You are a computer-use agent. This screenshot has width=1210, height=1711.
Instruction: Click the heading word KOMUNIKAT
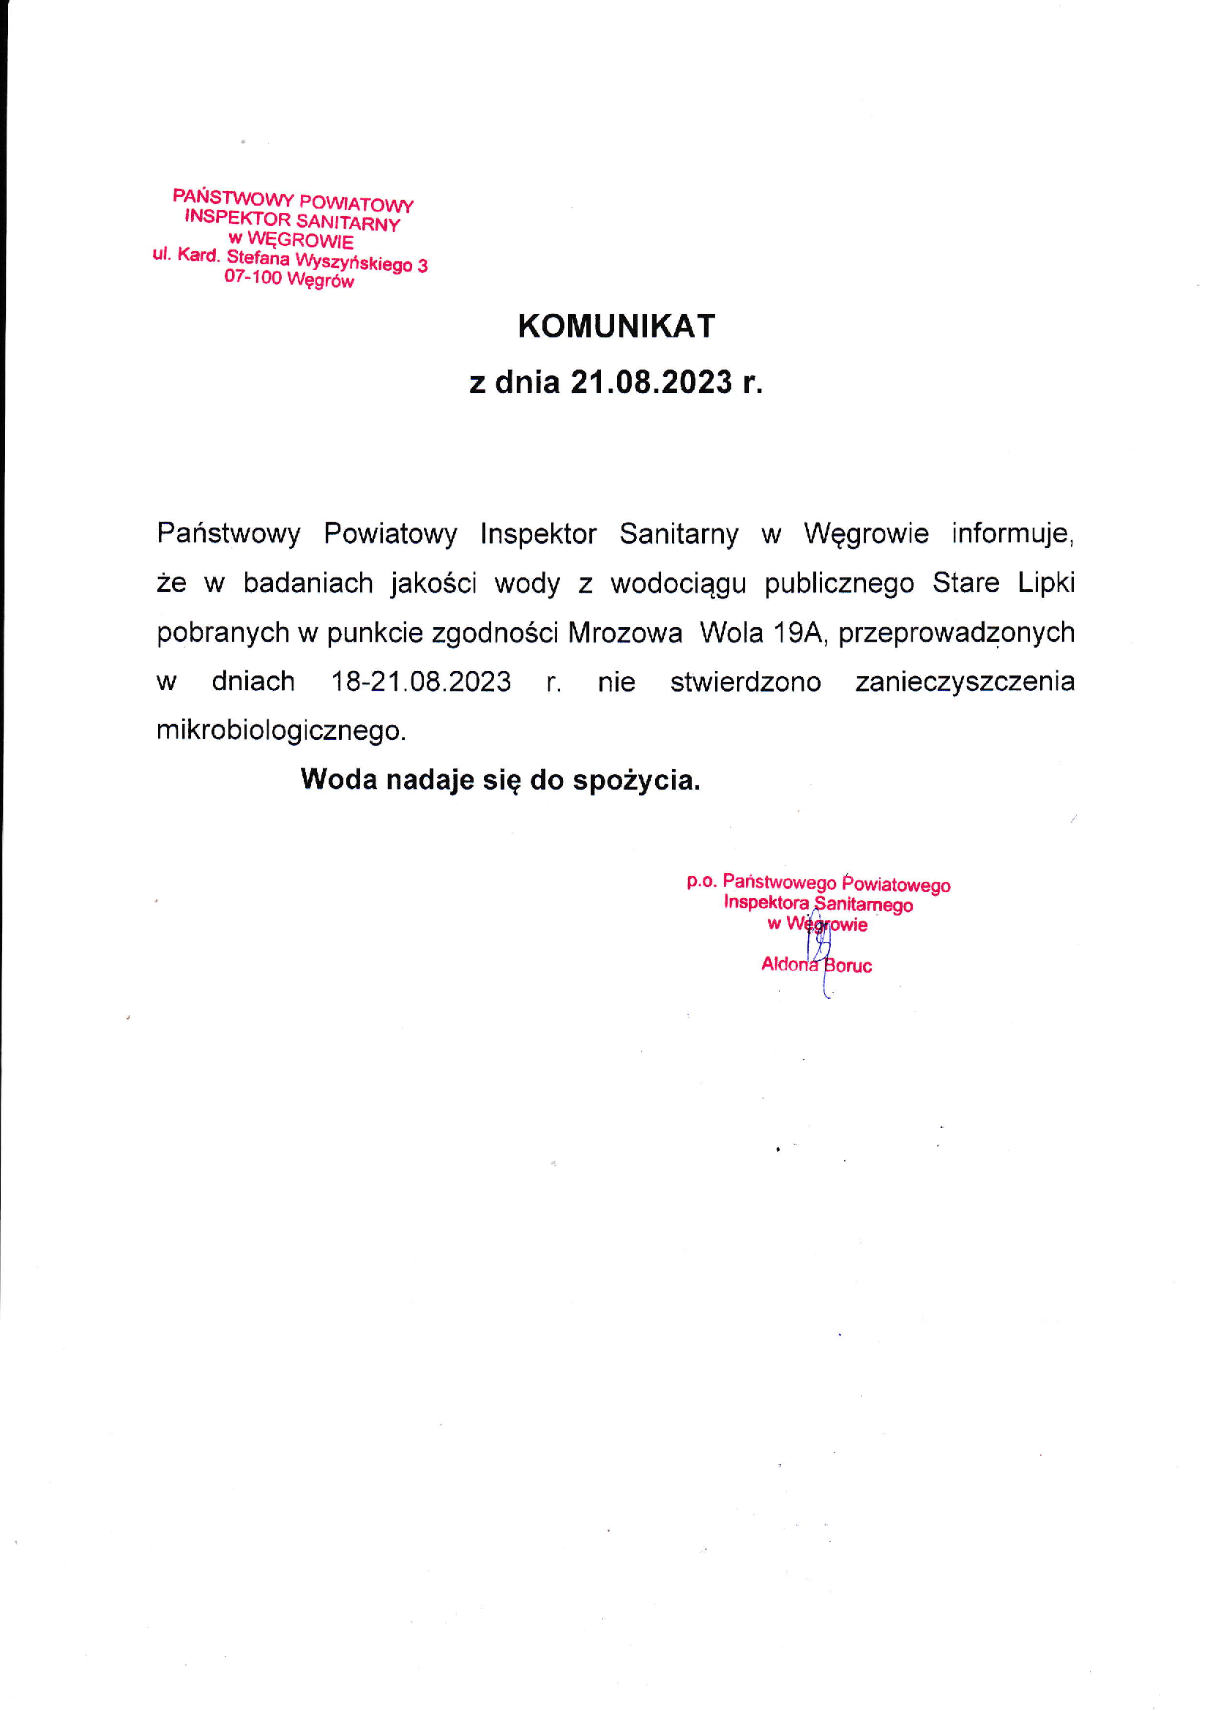click(x=616, y=326)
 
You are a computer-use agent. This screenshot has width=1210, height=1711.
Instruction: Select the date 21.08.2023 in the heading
click(x=651, y=382)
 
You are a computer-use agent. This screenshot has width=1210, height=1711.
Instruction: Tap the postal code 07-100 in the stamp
click(x=253, y=277)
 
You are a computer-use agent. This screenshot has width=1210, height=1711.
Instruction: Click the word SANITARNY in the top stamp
click(x=348, y=222)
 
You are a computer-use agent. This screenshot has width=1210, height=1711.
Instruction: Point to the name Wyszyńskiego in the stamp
click(x=354, y=261)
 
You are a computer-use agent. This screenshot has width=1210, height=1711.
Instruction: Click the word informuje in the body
click(x=1012, y=534)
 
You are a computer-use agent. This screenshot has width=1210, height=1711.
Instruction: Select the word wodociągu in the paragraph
click(x=679, y=583)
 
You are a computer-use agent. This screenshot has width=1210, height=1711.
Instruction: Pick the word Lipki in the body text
click(x=1046, y=583)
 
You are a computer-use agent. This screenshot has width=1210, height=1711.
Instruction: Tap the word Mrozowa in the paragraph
click(x=624, y=633)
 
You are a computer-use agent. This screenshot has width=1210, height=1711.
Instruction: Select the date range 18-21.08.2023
click(x=421, y=682)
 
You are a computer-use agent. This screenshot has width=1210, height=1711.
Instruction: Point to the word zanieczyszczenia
click(x=965, y=682)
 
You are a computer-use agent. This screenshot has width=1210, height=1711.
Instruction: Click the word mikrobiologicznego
click(x=280, y=731)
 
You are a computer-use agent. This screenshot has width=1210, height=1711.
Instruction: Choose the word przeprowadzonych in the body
click(x=957, y=633)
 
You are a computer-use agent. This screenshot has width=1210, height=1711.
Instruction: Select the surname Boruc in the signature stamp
click(x=848, y=966)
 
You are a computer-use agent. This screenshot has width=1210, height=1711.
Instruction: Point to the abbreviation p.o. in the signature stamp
click(x=701, y=881)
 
